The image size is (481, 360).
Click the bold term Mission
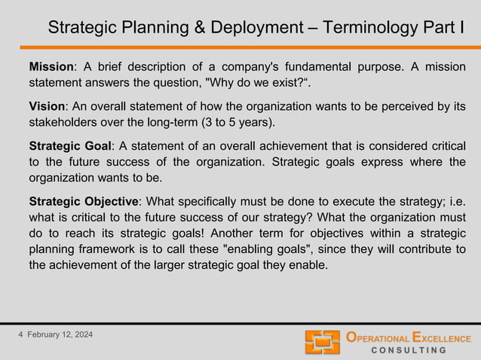tap(51, 68)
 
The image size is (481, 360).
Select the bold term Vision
tap(47, 107)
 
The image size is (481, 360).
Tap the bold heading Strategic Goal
tap(70, 145)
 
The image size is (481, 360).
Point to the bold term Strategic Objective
tap(84, 202)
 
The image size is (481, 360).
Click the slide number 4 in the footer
tap(21, 334)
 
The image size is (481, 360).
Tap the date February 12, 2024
tap(61, 334)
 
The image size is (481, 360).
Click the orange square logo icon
tap(323, 342)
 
